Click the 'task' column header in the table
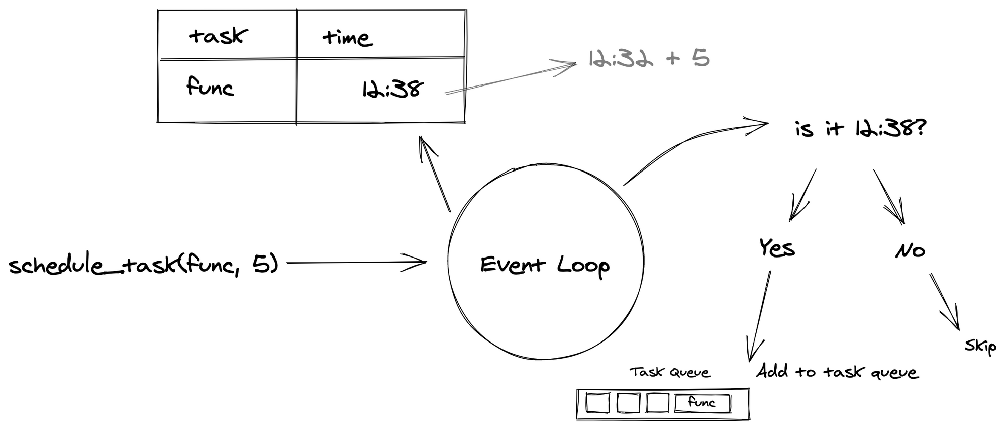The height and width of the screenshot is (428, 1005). click(x=218, y=36)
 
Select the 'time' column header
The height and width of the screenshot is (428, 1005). click(x=347, y=38)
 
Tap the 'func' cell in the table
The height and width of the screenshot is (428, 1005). click(x=210, y=87)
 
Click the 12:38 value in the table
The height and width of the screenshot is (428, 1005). click(x=392, y=90)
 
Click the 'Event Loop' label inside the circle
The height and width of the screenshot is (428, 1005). click(x=545, y=265)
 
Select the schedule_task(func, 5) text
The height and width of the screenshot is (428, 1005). click(x=144, y=264)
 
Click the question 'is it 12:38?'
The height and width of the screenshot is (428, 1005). click(x=860, y=129)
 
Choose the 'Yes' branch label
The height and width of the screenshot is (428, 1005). click(x=777, y=248)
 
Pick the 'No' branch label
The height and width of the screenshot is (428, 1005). click(x=910, y=250)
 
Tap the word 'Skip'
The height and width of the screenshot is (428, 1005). click(x=980, y=346)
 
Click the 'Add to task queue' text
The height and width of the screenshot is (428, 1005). click(x=837, y=372)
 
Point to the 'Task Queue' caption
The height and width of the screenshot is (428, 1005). click(x=670, y=372)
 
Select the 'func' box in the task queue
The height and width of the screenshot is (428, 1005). click(x=702, y=403)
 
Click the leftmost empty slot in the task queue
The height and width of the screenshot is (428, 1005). click(x=598, y=403)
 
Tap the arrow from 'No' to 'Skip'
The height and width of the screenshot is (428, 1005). click(x=944, y=302)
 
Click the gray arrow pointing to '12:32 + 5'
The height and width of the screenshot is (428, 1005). click(x=510, y=78)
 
